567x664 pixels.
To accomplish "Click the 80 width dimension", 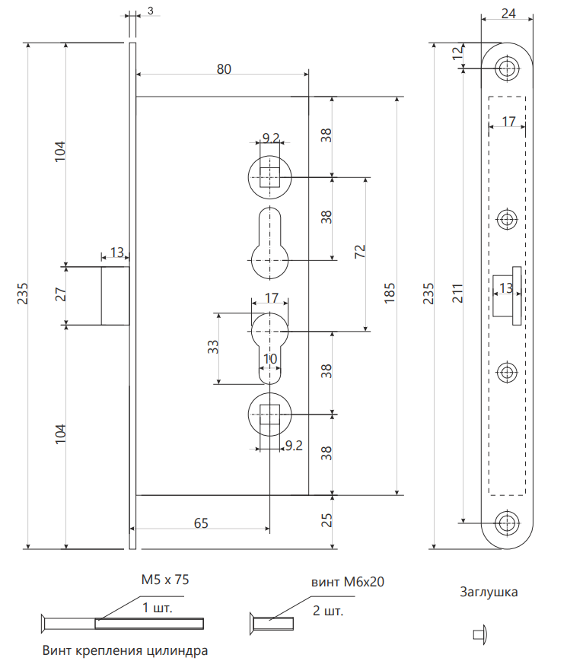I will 223,69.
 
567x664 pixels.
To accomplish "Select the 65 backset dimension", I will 201,523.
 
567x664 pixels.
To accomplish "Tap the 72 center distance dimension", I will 360,253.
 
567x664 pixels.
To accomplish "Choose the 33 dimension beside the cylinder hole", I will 214,347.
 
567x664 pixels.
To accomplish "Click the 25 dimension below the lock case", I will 326,521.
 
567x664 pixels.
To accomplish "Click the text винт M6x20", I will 347,582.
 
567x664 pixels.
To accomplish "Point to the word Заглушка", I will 489,592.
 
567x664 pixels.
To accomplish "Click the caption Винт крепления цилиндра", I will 125,651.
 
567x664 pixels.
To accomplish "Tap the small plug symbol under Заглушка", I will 479,634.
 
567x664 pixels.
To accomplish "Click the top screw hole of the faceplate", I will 505,68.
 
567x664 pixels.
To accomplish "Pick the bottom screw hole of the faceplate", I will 505,523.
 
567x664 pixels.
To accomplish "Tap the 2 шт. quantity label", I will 328,611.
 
